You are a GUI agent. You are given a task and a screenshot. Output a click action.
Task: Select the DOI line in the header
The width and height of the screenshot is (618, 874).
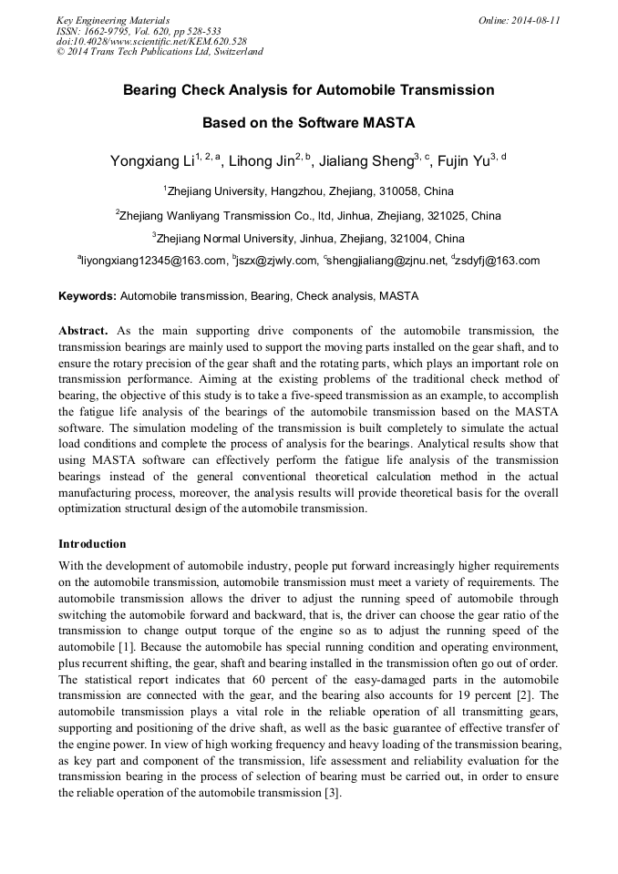pos(151,41)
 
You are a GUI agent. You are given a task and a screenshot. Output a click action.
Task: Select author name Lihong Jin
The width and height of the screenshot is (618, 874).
pos(263,162)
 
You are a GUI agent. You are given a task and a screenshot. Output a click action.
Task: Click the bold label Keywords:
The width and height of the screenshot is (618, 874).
pos(88,296)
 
